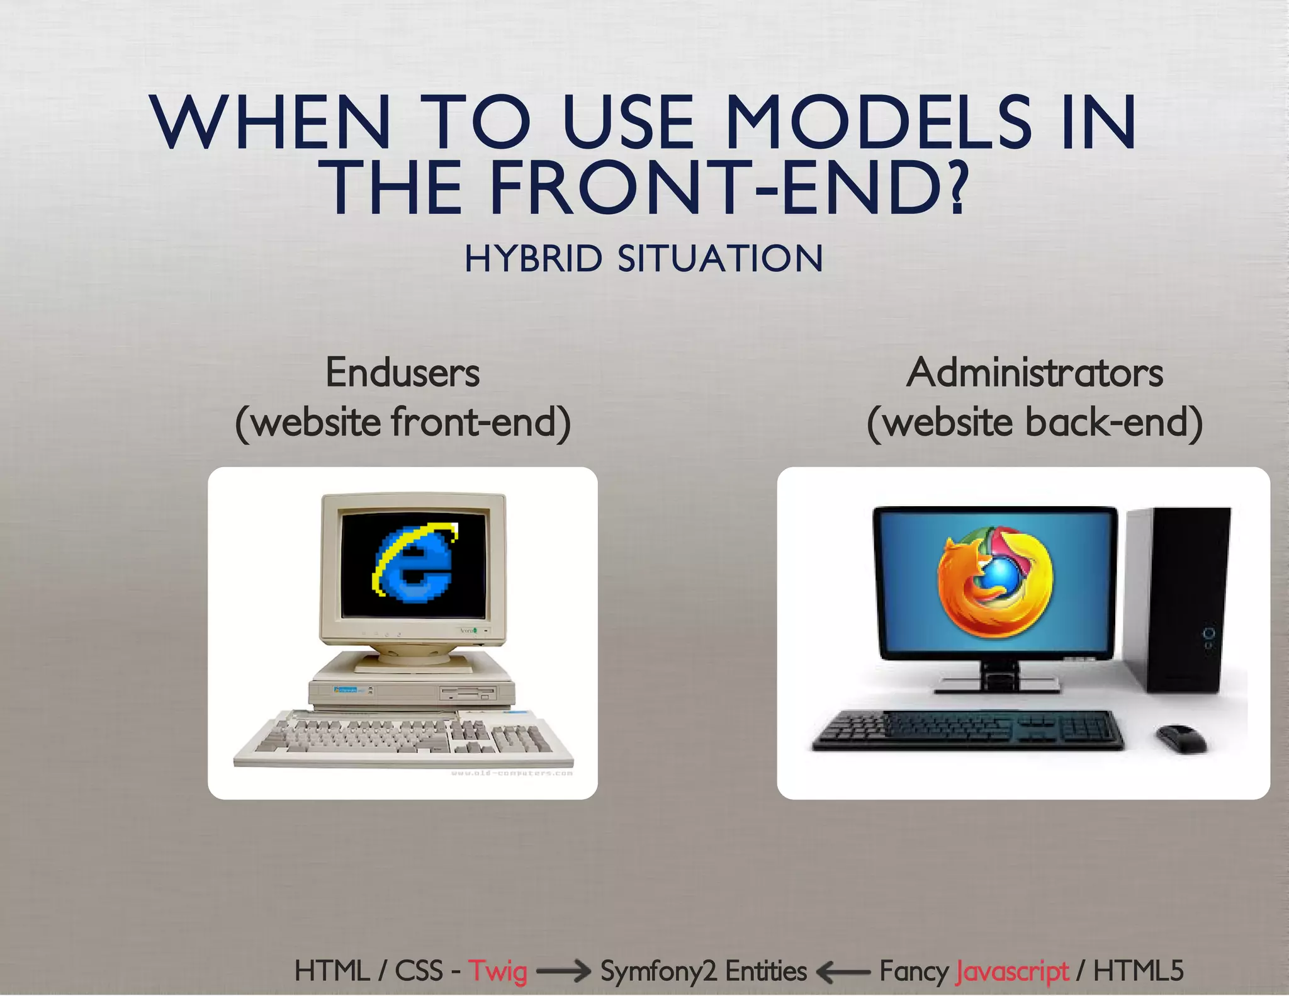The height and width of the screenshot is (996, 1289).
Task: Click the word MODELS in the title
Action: pos(877,122)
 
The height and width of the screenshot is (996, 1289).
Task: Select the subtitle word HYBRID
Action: pos(533,259)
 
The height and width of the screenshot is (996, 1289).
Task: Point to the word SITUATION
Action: pos(720,259)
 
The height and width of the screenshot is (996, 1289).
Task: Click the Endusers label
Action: pos(402,373)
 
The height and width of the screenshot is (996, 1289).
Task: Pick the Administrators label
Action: pos(1034,373)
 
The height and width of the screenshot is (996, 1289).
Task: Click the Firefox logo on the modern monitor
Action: pos(995,583)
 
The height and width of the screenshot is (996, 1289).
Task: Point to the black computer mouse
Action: pos(1181,737)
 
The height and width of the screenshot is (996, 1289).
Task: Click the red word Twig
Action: pos(497,971)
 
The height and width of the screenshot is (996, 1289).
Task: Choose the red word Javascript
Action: pos(1011,971)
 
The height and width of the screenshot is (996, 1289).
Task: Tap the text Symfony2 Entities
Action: pos(703,971)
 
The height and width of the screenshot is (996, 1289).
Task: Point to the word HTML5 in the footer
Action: pos(1138,971)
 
